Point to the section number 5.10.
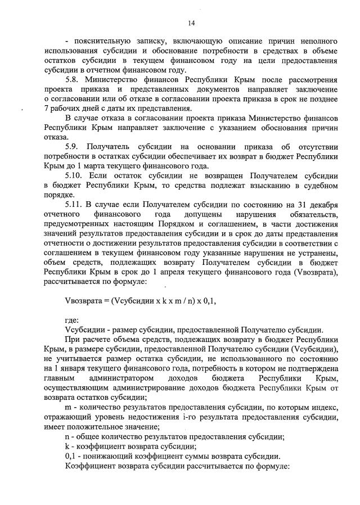[x=75, y=175]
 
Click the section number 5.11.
[x=75, y=204]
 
